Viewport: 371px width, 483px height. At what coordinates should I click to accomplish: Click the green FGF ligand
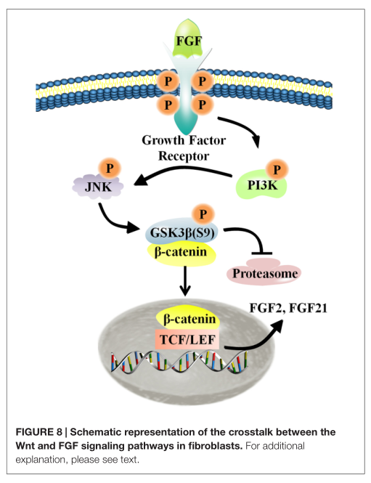click(188, 38)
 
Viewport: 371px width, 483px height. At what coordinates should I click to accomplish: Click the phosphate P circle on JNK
click(110, 169)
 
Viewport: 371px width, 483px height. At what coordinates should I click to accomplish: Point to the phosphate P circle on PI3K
click(277, 170)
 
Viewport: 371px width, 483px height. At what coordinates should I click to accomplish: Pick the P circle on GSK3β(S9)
click(203, 214)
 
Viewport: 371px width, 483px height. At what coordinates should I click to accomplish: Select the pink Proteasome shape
click(264, 272)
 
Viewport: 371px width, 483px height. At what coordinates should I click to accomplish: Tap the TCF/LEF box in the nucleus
click(187, 339)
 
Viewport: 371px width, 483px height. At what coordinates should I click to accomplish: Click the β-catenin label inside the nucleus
click(189, 319)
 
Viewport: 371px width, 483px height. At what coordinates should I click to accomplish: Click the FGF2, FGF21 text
click(288, 308)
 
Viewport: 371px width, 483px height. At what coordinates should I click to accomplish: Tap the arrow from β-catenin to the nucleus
click(184, 281)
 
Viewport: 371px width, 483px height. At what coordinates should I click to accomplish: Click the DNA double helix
click(179, 361)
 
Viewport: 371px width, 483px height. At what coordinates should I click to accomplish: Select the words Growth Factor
click(184, 140)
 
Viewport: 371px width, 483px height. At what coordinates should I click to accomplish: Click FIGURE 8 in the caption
click(38, 432)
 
